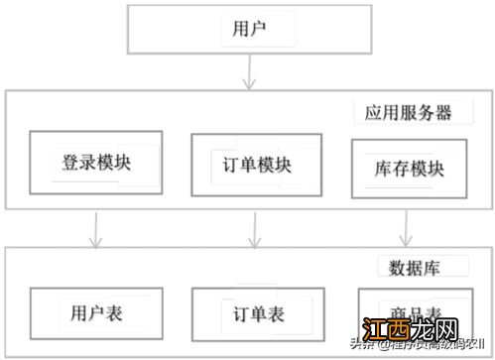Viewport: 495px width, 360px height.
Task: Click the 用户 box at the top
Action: [246, 29]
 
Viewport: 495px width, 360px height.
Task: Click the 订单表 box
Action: [257, 314]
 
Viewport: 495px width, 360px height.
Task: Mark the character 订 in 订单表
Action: [238, 314]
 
